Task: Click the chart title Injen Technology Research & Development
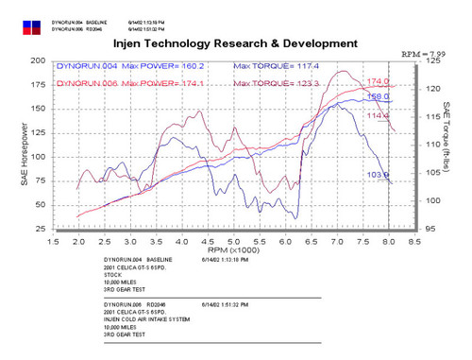click(x=236, y=43)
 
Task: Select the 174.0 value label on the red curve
click(x=378, y=82)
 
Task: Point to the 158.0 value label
click(x=378, y=96)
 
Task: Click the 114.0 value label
click(x=378, y=115)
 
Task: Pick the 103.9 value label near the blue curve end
click(x=378, y=175)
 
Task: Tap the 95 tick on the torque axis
click(x=429, y=229)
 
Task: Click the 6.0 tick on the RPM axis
click(x=287, y=242)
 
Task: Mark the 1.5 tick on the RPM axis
click(x=54, y=242)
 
